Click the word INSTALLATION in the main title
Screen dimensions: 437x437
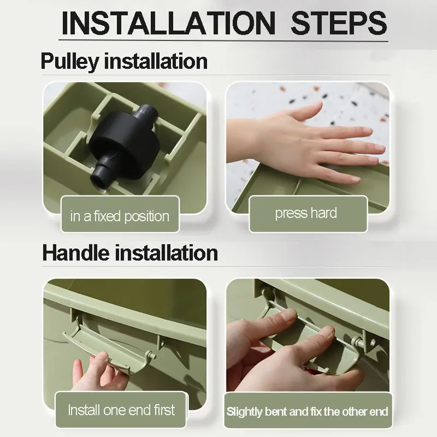pos(168,23)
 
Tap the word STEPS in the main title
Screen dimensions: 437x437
pos(339,23)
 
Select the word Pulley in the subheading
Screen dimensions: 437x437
pos(70,61)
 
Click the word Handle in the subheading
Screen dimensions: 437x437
pos(75,253)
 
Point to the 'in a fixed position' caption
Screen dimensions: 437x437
pos(120,216)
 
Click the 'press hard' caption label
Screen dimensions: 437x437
pos(306,214)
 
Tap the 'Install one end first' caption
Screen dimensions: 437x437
pos(121,410)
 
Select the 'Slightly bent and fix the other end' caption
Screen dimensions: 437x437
pos(307,412)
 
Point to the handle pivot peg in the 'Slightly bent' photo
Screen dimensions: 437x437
pos(358,342)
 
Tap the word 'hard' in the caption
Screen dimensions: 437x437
pos(324,213)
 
